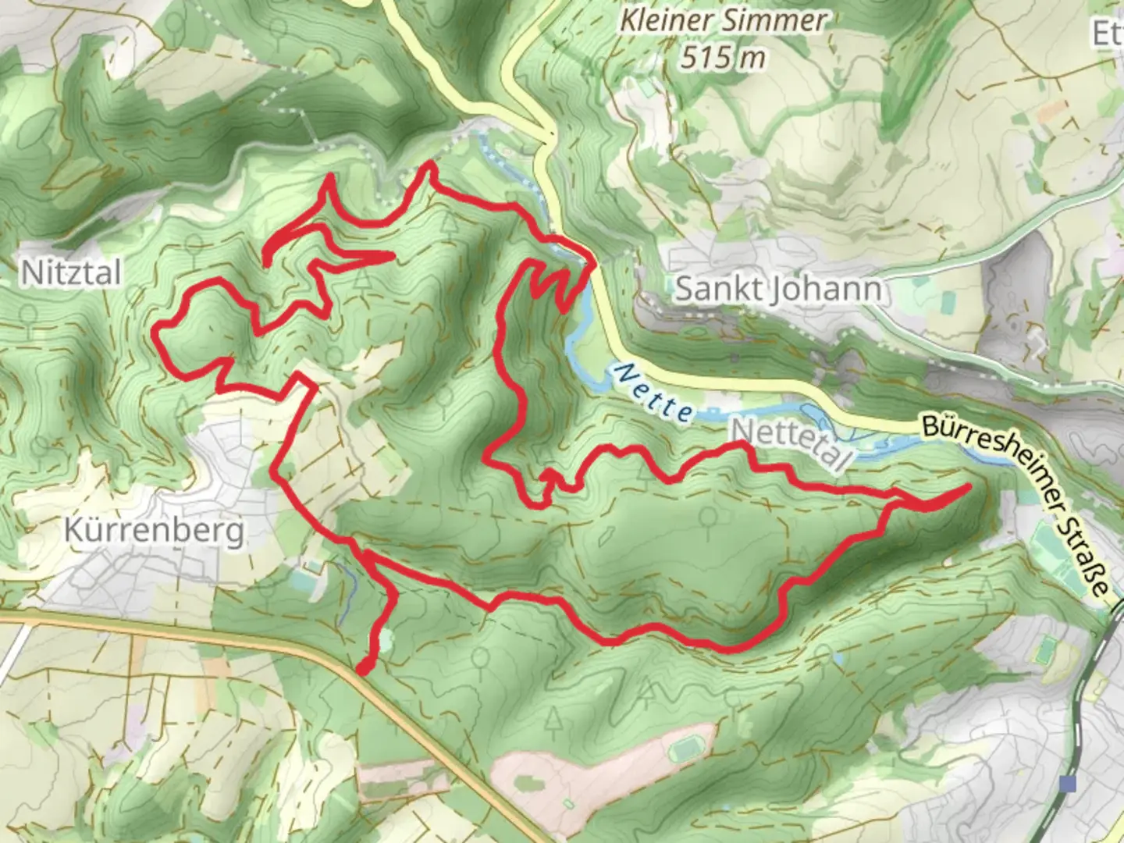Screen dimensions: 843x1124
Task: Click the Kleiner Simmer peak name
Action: tap(722, 21)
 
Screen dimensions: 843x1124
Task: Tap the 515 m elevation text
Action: tap(722, 57)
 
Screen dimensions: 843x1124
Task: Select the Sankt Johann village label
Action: tap(779, 290)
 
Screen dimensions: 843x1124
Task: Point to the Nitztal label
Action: tap(71, 273)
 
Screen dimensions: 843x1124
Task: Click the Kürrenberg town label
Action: tap(154, 532)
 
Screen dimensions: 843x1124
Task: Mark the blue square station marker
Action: tap(1069, 783)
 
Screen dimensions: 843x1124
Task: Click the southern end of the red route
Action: tap(363, 668)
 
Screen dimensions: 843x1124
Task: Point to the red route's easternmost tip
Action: tap(968, 487)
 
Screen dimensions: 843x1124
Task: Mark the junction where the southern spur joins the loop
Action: tap(364, 556)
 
